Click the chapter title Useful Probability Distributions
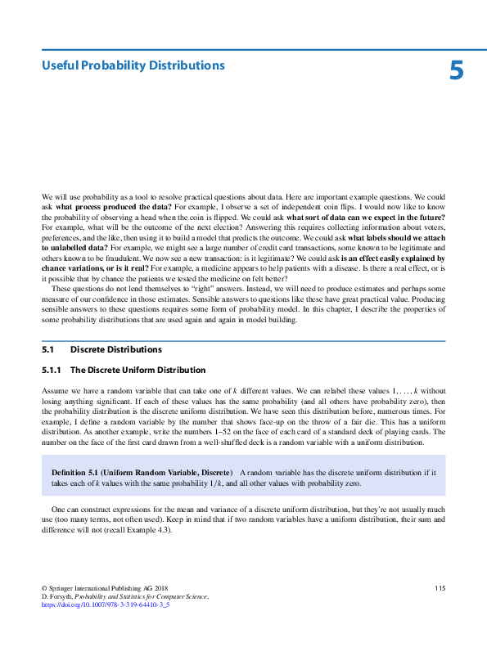(x=133, y=65)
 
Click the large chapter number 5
(x=456, y=71)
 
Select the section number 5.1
(x=47, y=349)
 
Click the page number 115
(x=440, y=589)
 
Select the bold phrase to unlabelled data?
(x=75, y=246)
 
